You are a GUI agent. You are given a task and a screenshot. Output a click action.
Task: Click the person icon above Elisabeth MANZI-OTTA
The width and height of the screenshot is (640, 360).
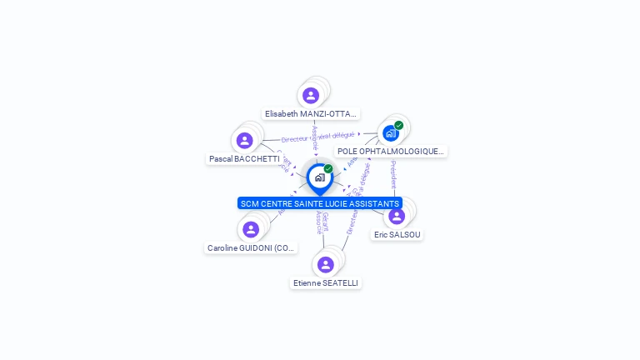(311, 96)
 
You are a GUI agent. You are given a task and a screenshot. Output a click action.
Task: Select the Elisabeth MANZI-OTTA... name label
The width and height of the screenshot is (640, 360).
(311, 113)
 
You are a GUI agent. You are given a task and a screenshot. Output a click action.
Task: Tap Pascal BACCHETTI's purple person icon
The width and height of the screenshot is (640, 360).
(244, 141)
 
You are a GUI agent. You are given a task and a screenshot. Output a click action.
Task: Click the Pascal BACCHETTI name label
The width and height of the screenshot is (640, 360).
(244, 158)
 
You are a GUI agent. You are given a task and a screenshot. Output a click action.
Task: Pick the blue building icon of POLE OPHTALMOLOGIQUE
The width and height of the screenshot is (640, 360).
(390, 133)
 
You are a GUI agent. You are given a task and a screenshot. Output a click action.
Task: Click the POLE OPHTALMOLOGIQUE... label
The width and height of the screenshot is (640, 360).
(391, 151)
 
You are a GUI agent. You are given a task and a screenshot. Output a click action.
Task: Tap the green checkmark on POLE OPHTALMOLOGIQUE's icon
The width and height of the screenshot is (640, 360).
(399, 126)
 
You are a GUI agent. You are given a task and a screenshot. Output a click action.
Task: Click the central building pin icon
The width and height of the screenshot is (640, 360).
(319, 177)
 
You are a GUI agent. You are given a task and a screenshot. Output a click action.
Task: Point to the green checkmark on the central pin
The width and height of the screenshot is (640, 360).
(328, 169)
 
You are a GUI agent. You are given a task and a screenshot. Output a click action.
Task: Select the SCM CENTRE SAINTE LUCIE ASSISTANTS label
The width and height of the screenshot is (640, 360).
(320, 203)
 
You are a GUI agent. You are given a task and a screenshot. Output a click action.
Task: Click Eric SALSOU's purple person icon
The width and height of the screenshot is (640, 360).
(397, 217)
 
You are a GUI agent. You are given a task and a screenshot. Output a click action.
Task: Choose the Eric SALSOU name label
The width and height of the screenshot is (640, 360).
(397, 235)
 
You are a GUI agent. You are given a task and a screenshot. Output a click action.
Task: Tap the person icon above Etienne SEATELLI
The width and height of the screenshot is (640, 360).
(325, 264)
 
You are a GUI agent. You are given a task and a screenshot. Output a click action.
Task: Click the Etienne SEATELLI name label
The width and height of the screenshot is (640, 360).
(326, 283)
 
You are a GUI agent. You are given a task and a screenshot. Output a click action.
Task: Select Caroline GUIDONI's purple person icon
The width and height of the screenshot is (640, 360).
(251, 229)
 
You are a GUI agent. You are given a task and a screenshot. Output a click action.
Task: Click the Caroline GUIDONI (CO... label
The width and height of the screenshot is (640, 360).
(252, 247)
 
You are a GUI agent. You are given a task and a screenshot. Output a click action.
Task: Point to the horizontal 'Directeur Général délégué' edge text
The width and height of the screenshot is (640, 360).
(318, 137)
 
